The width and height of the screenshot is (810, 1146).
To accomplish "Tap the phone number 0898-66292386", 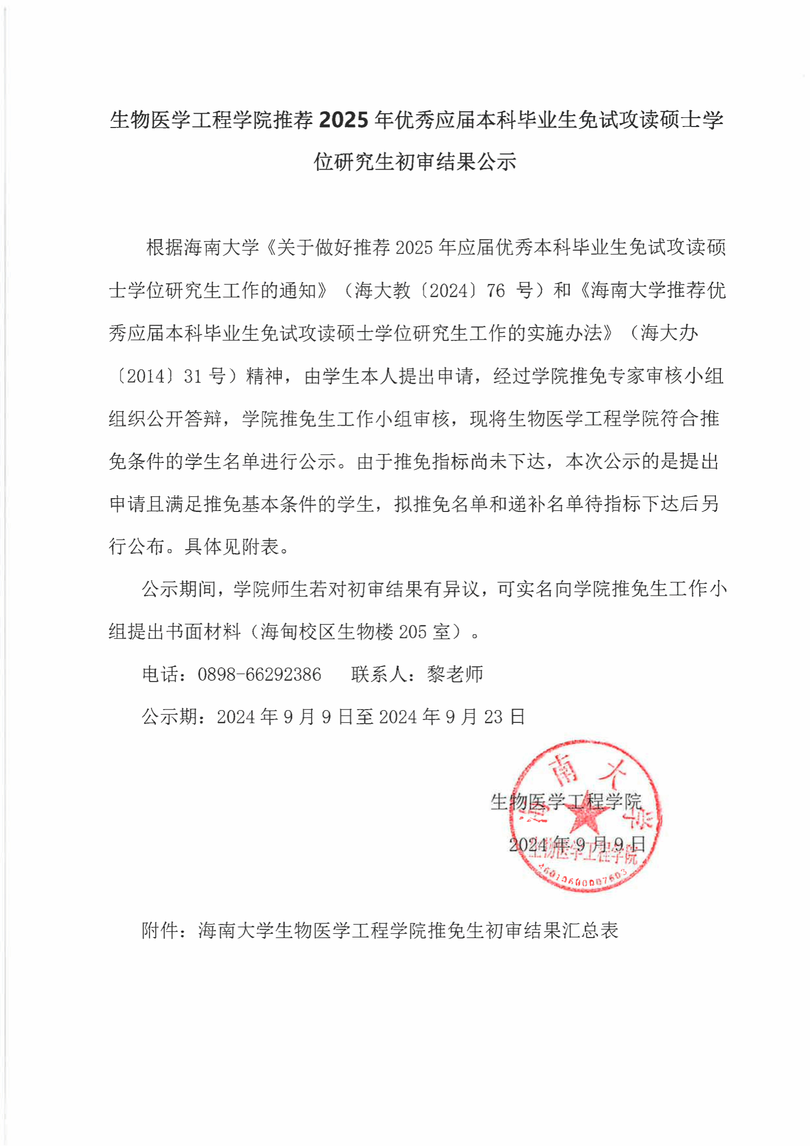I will [x=259, y=674].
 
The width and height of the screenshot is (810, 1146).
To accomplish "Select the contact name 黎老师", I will [x=455, y=674].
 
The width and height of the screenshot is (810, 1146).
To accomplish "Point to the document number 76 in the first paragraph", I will [x=496, y=290].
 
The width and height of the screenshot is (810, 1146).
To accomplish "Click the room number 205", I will [x=412, y=632].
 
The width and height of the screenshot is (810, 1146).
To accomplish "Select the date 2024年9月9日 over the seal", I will [x=577, y=844].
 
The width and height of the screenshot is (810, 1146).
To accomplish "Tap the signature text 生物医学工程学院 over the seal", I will [x=565, y=802].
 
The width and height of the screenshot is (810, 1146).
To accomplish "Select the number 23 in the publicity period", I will [x=493, y=717].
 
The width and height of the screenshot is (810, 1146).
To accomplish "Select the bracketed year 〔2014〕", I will [x=145, y=376].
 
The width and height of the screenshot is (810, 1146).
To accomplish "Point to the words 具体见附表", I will [x=231, y=547].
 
